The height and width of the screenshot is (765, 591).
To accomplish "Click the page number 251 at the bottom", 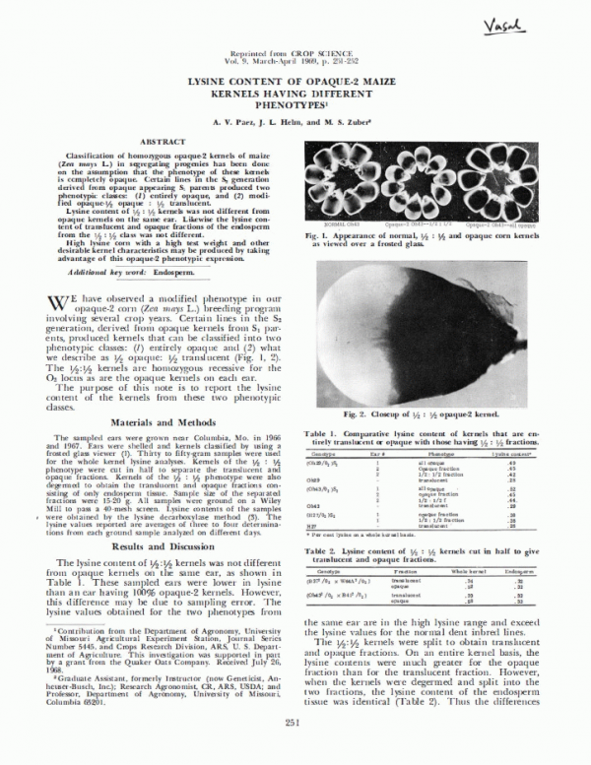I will (x=293, y=751).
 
